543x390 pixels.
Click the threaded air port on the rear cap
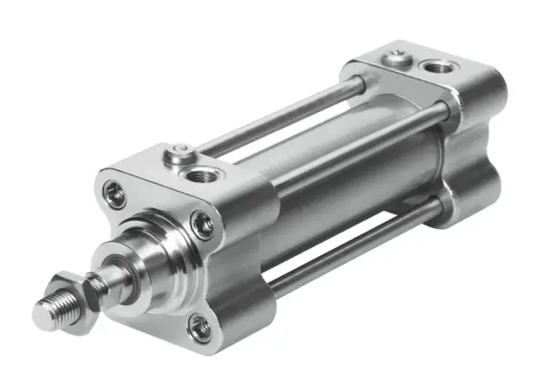(x=441, y=67)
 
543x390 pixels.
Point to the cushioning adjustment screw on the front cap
(x=180, y=154)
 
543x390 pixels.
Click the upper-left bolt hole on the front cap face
(x=116, y=193)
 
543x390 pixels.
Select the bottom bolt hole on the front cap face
(x=200, y=328)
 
